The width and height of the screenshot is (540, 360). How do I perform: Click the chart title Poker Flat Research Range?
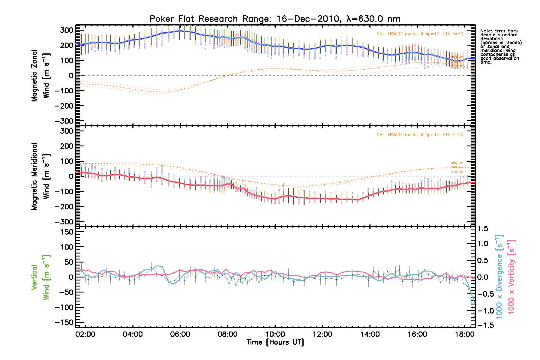click(x=275, y=19)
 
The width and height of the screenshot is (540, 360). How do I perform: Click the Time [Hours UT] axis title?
click(x=275, y=342)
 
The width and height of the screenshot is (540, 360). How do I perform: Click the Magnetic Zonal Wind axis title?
click(x=40, y=75)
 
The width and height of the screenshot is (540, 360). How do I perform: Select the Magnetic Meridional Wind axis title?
click(x=40, y=176)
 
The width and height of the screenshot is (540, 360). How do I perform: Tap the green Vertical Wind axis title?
click(x=40, y=277)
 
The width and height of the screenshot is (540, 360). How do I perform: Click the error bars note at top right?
click(x=500, y=46)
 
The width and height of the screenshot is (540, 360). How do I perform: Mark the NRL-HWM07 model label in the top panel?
click(x=420, y=34)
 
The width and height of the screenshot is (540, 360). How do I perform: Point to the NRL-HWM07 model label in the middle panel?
click(x=420, y=135)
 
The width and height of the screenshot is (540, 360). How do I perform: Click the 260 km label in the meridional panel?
click(x=457, y=163)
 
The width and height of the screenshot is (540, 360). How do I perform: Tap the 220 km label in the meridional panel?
click(x=457, y=172)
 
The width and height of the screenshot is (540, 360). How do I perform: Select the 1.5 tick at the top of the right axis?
click(x=483, y=229)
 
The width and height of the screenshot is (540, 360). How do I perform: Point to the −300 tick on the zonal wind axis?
click(x=64, y=121)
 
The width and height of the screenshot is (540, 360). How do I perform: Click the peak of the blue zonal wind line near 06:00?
click(x=180, y=31)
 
